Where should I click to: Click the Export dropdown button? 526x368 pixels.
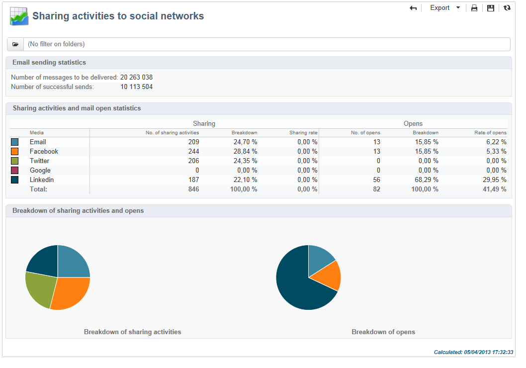point(444,8)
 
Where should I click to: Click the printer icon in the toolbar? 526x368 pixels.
point(474,8)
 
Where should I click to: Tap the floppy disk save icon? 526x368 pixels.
point(491,8)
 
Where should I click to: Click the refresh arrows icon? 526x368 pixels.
point(507,8)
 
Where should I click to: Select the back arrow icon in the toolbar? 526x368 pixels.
point(413,8)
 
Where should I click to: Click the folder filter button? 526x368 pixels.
point(15,44)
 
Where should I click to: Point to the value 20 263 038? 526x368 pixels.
point(136,77)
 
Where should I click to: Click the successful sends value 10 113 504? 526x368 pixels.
point(136,87)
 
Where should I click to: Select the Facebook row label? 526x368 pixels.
point(44,151)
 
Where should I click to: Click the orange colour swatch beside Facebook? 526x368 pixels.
point(15,151)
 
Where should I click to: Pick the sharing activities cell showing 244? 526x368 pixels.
point(193,151)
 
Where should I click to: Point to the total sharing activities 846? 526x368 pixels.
point(193,189)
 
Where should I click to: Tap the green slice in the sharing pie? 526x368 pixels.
point(39,288)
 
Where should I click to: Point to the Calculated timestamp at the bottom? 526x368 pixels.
point(473,352)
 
